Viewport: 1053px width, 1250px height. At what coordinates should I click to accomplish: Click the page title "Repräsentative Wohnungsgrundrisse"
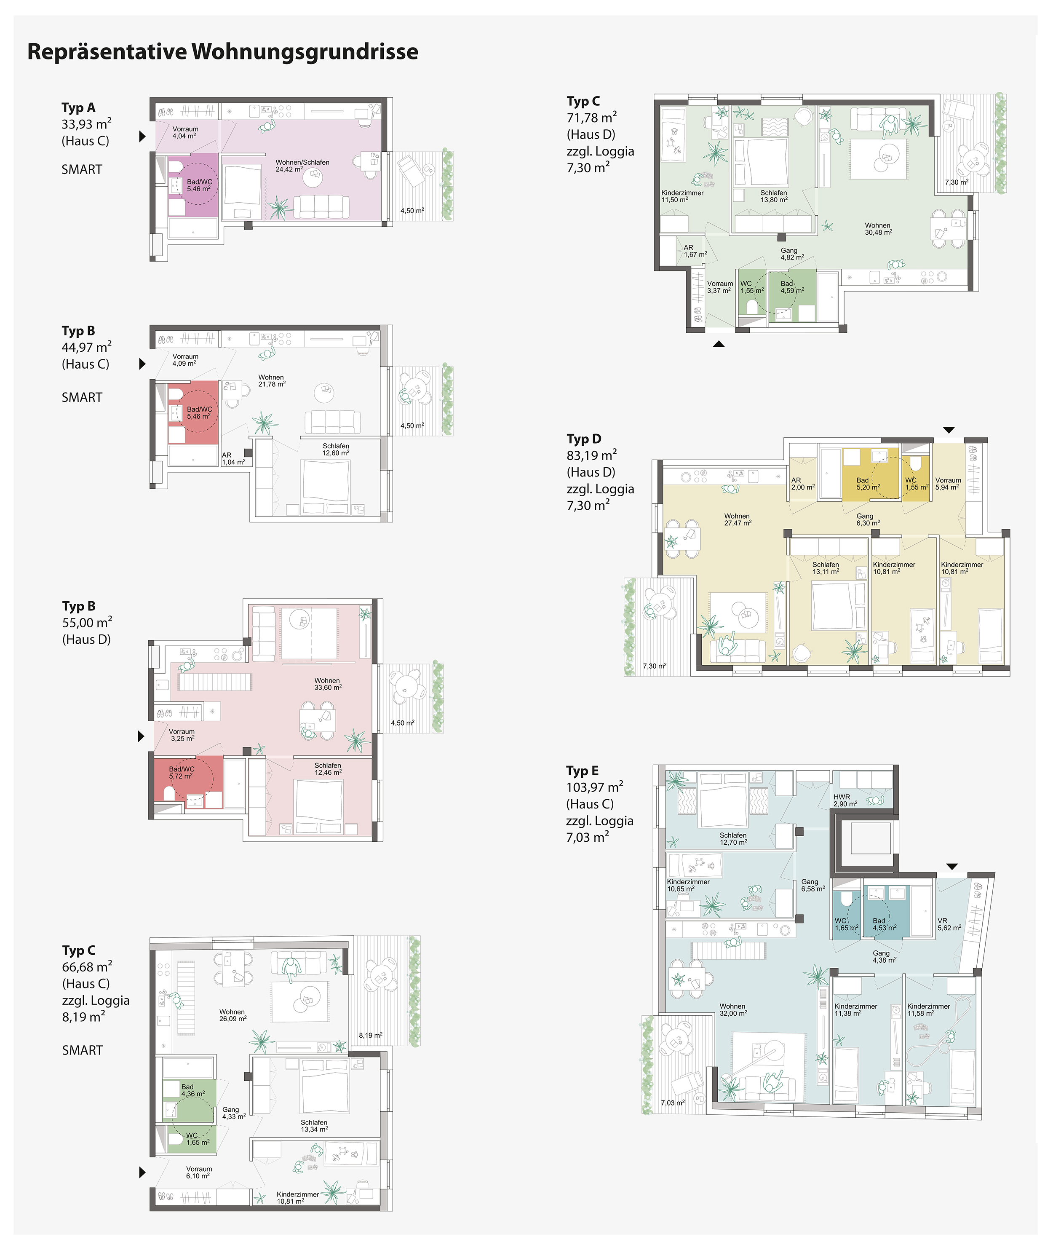pos(223,52)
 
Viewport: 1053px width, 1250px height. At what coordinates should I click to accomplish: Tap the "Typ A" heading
pos(78,107)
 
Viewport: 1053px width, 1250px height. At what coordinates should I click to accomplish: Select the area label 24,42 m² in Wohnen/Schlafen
pos(289,169)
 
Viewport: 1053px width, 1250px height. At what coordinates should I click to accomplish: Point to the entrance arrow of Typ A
pos(142,136)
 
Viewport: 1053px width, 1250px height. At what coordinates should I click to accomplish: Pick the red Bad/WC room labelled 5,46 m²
pos(193,412)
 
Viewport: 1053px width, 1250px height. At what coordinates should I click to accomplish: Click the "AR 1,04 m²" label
pos(233,458)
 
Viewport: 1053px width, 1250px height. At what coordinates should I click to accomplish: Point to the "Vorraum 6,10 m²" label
pos(199,1172)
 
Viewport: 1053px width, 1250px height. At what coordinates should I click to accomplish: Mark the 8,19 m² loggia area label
pos(371,1036)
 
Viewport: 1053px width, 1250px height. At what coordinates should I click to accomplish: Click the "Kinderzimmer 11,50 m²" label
pos(682,196)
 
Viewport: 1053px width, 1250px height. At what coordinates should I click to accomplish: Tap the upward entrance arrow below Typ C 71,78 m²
pos(719,344)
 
